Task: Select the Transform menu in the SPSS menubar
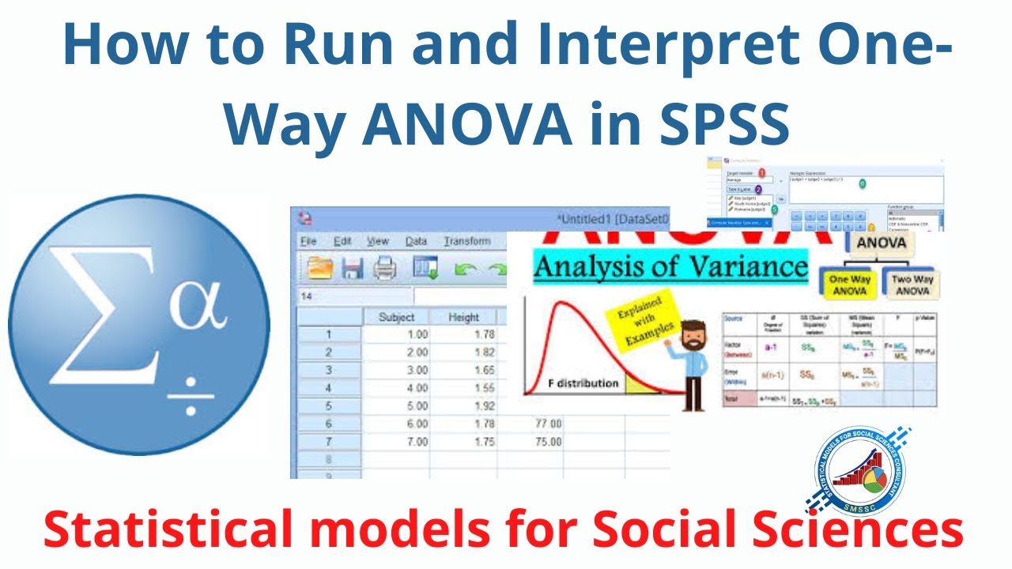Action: (466, 241)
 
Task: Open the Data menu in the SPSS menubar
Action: (416, 241)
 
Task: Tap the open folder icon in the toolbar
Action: (320, 269)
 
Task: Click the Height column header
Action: (463, 317)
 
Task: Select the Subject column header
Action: (396, 317)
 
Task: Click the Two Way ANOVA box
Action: (912, 285)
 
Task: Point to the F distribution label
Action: (583, 383)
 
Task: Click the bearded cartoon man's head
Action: (695, 336)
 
